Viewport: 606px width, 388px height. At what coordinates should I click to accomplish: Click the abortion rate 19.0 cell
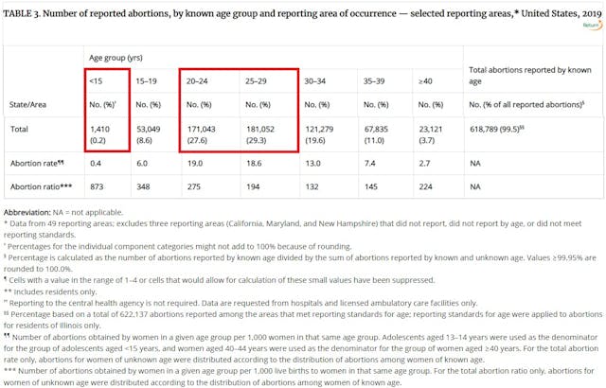(195, 163)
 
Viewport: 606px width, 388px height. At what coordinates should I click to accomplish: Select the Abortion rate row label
(39, 163)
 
